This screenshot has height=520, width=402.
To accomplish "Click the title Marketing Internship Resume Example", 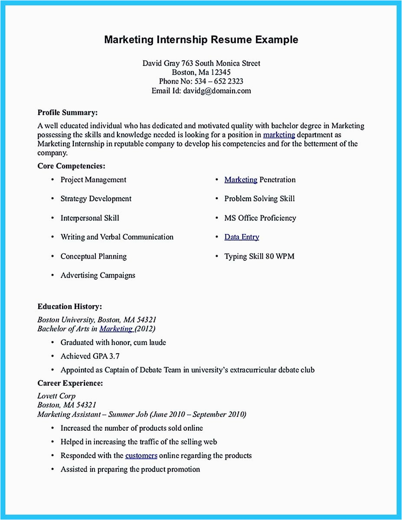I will (201, 40).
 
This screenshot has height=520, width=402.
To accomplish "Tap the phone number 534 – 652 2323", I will (219, 81).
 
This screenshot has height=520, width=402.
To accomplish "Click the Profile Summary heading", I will (67, 113).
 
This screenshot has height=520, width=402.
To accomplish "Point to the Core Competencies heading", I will (72, 166).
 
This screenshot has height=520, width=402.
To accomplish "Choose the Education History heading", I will (70, 307).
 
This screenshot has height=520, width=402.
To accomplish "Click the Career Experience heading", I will (70, 383).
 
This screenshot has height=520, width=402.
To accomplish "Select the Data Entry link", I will (242, 237).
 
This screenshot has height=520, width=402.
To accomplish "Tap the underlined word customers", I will (141, 455).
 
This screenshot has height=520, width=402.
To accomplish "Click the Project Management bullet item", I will (93, 180).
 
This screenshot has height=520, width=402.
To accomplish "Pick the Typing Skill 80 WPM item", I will (259, 257).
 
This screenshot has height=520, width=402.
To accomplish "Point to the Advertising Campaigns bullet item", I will (98, 276).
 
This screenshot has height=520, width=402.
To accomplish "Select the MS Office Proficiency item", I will (260, 218).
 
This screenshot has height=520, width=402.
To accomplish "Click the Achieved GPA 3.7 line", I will (90, 356).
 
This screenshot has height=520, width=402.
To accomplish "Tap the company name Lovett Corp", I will (56, 396).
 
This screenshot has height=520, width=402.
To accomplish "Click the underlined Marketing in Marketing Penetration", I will (241, 180).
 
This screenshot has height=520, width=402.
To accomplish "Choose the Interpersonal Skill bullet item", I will (90, 218).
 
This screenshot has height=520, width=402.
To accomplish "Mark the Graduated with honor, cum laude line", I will (113, 342).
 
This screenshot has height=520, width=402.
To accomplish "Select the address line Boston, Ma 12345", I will (201, 72).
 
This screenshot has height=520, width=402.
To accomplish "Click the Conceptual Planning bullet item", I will (93, 257).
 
